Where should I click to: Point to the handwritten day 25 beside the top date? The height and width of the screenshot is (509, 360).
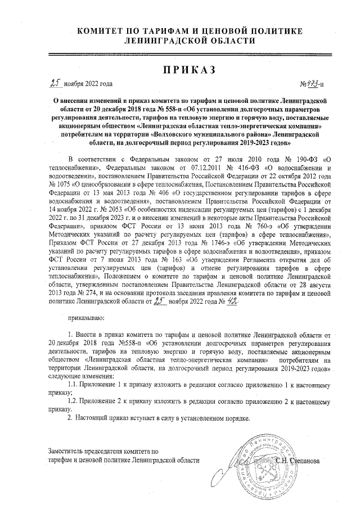pyautogui.click(x=55, y=83)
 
